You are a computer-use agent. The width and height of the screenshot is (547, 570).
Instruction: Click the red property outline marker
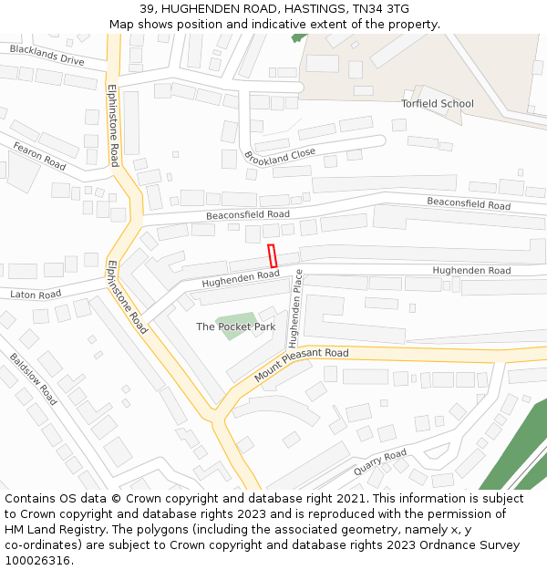click(x=272, y=256)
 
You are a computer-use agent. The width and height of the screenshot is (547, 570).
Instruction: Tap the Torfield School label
click(x=438, y=103)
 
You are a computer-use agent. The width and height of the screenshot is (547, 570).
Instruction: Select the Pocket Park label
click(x=235, y=326)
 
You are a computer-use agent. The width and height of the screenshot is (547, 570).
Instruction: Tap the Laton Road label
click(x=36, y=295)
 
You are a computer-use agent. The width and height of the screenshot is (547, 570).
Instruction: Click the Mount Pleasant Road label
click(x=302, y=364)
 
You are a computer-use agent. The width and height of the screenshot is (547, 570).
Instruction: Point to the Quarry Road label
click(x=380, y=462)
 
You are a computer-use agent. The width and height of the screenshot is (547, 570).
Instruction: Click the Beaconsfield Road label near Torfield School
click(x=469, y=204)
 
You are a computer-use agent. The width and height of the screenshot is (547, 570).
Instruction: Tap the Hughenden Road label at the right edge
click(x=471, y=271)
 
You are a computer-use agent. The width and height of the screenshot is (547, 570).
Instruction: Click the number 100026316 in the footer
click(x=37, y=560)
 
